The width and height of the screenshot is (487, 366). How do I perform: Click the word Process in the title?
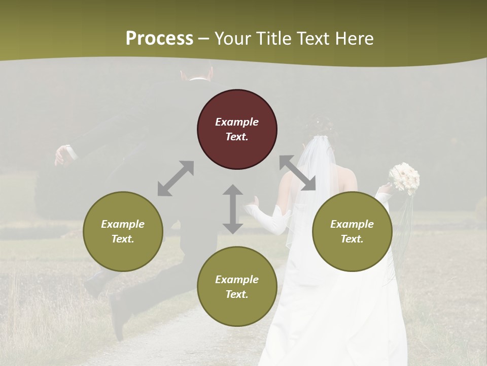pos(159,38)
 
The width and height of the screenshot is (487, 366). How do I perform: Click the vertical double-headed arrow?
pos(233,209)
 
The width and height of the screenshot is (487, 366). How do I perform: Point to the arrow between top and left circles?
pos(176,178)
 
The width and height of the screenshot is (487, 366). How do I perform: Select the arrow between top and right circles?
pos(297,173)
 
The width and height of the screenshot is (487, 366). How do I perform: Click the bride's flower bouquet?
pos(405,178)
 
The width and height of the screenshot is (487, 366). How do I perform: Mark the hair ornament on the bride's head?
pos(318,121)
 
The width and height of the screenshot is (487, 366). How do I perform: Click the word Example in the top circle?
pos(237,122)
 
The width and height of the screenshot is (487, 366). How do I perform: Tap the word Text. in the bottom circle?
pos(237,294)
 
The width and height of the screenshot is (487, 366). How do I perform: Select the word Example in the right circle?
pos(352,224)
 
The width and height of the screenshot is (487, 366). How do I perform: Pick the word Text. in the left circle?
pos(123,239)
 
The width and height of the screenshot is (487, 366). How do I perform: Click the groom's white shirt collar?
pos(198,79)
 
